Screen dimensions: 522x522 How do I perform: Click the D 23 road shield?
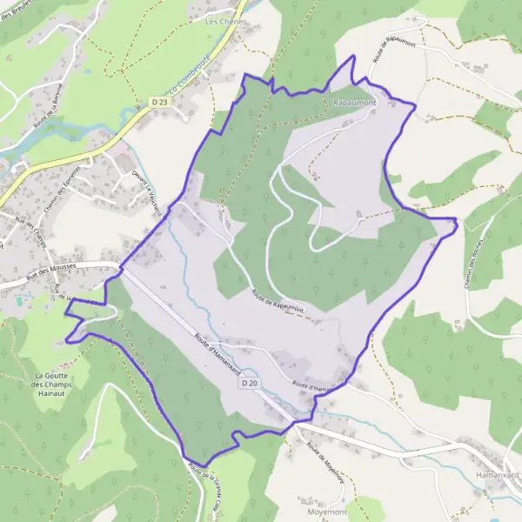(x=157, y=103)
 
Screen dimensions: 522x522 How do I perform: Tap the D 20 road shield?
(x=250, y=383)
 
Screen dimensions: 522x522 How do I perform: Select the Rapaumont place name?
(x=354, y=103)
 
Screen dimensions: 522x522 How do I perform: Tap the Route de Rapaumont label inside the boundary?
(x=277, y=301)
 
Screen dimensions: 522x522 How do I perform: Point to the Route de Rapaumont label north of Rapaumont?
(x=391, y=48)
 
